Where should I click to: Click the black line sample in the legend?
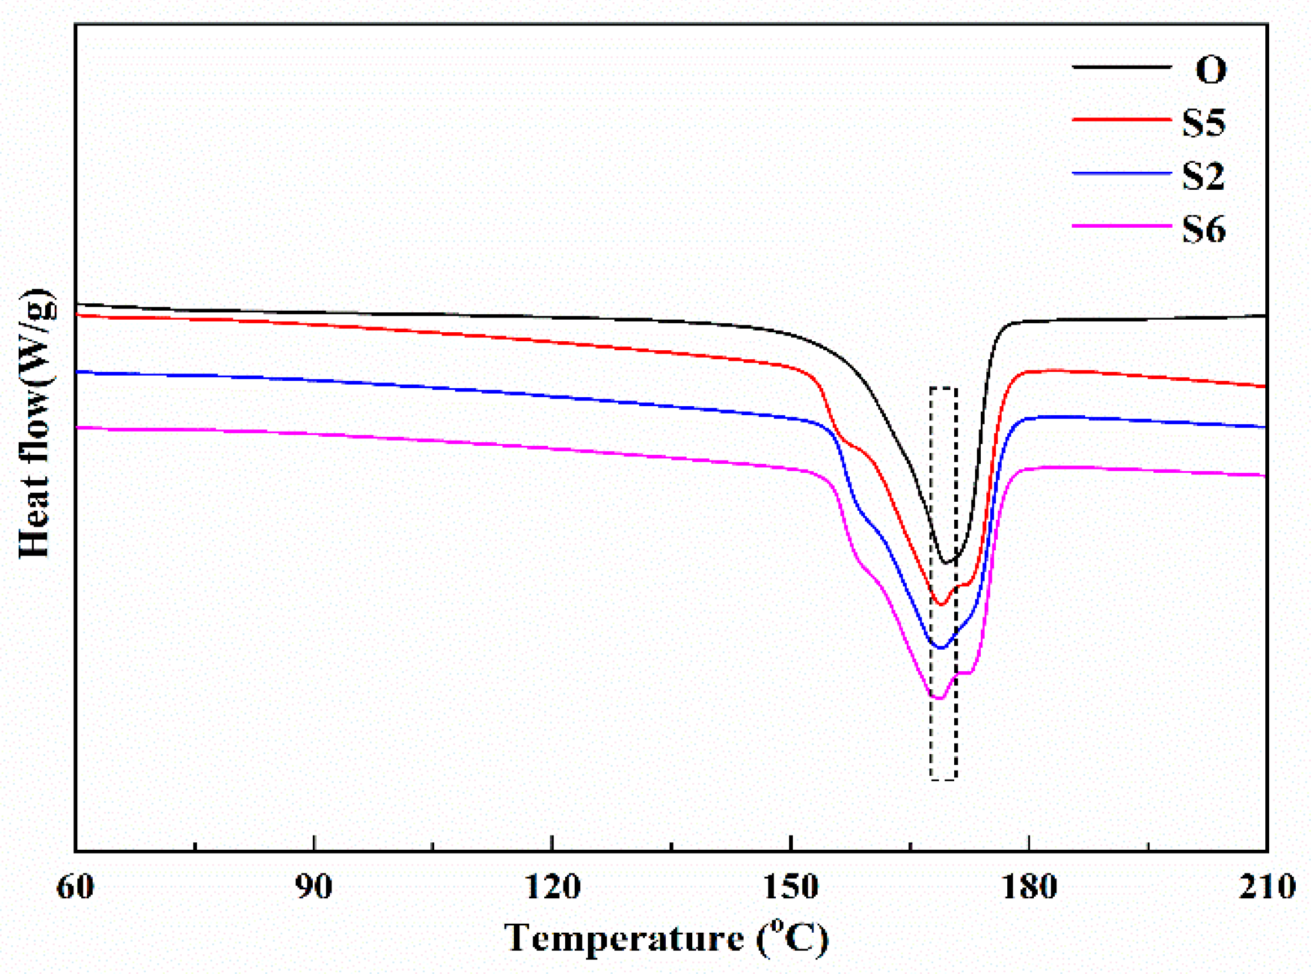tap(1121, 68)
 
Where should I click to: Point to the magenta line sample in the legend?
tap(1121, 226)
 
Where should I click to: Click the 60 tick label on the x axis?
tap(75, 886)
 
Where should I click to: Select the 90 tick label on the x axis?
tap(314, 886)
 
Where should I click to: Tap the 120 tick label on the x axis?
tap(552, 886)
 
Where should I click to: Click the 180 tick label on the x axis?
tap(1029, 886)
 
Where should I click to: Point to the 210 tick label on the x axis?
tap(1267, 886)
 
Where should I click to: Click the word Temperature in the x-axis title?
tap(623, 937)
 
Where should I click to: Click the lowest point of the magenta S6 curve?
tap(939, 699)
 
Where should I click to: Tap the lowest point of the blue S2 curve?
tap(941, 648)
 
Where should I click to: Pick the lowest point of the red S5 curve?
tap(941, 605)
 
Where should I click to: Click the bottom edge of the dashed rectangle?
tap(943, 780)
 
